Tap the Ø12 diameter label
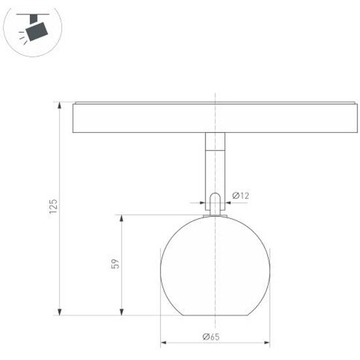[x=241, y=195]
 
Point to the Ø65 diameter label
[x=211, y=336]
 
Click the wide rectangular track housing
[x=215, y=118]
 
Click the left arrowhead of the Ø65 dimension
[x=164, y=342]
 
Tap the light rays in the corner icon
[x=25, y=39]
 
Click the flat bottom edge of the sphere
[x=215, y=315]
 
